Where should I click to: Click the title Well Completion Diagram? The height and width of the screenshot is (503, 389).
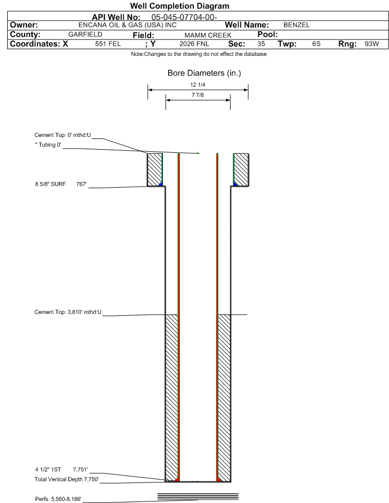[179, 6]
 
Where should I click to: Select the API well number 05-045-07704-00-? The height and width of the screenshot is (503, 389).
[184, 17]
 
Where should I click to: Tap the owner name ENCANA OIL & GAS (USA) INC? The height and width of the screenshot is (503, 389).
[127, 25]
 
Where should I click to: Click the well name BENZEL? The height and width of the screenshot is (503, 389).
[296, 25]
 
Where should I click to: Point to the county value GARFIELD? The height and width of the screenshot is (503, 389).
[85, 34]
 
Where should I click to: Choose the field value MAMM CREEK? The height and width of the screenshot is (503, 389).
[208, 35]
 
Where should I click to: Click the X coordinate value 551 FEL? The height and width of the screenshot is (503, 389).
[108, 44]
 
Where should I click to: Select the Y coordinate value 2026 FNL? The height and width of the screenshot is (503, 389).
[194, 44]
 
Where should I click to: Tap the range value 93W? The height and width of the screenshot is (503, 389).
[372, 44]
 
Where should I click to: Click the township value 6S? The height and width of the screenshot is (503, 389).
[316, 44]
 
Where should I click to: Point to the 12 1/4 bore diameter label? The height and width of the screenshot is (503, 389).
[197, 85]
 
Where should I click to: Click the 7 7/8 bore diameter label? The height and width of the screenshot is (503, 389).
[197, 95]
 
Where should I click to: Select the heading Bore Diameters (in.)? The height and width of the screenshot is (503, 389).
[204, 73]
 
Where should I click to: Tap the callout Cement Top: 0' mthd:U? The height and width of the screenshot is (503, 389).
[63, 135]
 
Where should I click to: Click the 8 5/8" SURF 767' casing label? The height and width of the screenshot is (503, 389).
[61, 184]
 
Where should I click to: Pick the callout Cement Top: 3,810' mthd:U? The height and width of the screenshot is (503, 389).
[68, 312]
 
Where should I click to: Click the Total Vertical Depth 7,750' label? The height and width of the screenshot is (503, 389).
[67, 479]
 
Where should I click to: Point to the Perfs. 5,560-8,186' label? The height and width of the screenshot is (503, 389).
[58, 499]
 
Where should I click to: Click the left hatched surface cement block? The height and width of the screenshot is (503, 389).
[155, 170]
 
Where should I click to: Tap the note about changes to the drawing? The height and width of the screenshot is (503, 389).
[198, 54]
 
